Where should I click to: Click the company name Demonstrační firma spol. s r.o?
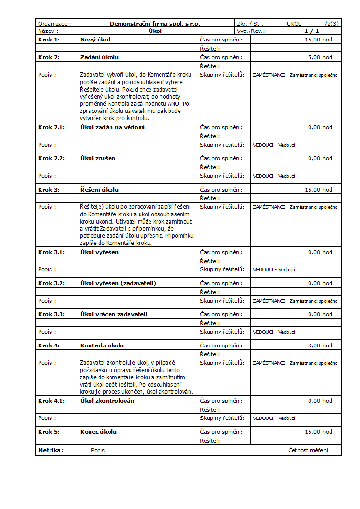click(155, 23)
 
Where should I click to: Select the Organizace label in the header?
click(54, 23)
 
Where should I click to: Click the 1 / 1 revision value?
click(312, 31)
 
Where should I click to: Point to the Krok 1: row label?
click(49, 39)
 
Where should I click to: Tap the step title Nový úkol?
click(95, 39)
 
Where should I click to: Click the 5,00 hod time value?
click(320, 57)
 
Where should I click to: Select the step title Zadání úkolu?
click(100, 57)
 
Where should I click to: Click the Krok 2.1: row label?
click(51, 127)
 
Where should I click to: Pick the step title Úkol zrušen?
click(98, 158)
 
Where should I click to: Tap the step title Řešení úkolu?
click(100, 190)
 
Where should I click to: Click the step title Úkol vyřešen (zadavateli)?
click(118, 283)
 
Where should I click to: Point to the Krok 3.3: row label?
click(51, 314)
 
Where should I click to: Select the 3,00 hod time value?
click(320, 346)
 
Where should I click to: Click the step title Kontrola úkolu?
click(101, 346)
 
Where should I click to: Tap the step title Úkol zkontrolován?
click(107, 401)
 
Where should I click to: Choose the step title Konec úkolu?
click(99, 432)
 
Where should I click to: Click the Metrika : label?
click(51, 450)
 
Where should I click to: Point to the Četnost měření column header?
click(308, 450)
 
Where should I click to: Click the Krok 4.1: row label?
click(51, 401)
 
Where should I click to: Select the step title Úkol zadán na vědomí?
click(112, 127)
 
